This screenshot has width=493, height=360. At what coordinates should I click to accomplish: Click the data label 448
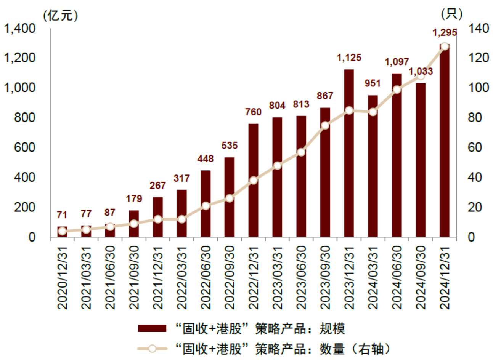coord(206,158)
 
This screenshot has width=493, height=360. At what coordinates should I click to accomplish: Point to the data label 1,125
coord(349,58)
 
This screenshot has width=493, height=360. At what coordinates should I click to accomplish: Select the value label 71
coord(62,215)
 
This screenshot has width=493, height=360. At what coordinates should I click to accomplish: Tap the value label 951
coord(373,83)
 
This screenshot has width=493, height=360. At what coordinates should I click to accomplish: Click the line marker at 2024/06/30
coord(397,90)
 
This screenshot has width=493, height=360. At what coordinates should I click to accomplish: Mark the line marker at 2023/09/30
coord(325,125)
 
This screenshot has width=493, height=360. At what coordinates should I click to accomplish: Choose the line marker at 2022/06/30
coord(206,206)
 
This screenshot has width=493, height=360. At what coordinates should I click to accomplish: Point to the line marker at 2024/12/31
coord(444,46)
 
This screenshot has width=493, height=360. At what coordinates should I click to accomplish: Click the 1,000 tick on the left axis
coord(19,88)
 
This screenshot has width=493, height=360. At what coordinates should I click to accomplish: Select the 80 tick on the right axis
coord(478,118)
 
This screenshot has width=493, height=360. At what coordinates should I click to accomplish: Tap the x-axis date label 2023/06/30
coord(301,277)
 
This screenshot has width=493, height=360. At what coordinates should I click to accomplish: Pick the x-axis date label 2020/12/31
coord(62,277)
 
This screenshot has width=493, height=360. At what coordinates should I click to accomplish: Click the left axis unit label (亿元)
coord(61,15)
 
